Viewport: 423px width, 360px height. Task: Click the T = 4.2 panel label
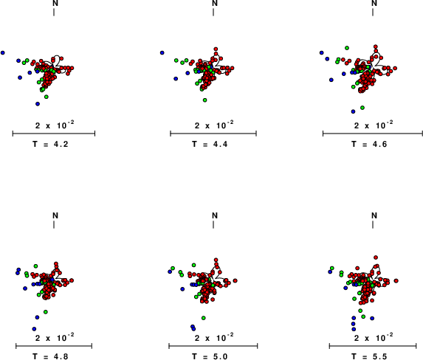pos(50,145)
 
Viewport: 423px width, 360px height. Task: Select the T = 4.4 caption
pos(210,145)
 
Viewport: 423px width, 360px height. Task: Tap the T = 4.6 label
pos(369,145)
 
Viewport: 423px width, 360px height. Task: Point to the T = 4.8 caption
pos(50,356)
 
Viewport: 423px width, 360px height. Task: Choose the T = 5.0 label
pos(210,356)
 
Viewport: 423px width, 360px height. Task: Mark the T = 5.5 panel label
pos(369,356)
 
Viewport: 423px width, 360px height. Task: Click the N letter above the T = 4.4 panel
pos(215,3)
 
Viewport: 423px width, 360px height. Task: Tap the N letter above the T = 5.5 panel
pos(374,215)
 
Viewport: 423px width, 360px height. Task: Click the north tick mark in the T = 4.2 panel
pos(54,12)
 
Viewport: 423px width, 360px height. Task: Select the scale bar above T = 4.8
pos(54,346)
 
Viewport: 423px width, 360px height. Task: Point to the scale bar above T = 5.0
pos(213,346)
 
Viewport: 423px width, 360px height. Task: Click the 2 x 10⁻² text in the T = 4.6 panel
pos(374,125)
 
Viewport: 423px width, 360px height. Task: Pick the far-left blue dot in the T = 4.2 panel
pos(3,52)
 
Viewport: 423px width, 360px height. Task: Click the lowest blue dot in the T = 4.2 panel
pos(38,104)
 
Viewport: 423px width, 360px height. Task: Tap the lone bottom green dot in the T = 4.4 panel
pos(204,100)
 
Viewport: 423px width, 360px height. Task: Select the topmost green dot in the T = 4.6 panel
pos(347,48)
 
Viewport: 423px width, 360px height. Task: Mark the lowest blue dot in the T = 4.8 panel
pos(34,329)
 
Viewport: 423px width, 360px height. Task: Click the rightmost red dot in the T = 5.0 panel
pos(235,281)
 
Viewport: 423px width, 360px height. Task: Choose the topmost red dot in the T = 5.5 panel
pos(376,257)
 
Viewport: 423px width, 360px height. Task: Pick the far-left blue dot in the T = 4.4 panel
pos(162,52)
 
